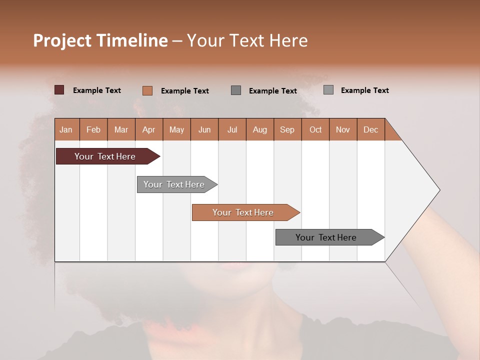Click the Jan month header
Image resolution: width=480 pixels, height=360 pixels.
66,129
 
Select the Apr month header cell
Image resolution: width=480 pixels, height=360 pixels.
149,129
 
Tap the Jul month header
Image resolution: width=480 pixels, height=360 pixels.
232,129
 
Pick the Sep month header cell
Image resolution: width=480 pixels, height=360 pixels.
287,129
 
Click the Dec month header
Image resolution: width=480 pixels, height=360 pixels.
370,129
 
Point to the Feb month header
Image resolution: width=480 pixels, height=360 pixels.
93,129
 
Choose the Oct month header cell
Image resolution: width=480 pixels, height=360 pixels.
315,129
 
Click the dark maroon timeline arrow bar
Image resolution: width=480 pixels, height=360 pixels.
105,156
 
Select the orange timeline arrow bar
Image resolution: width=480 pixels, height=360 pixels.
243,212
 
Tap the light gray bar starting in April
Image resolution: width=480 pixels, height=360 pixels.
174,184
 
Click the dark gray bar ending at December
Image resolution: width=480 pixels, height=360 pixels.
326,237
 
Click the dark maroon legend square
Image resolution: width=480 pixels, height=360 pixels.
59,90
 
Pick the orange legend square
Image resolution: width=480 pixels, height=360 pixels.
147,90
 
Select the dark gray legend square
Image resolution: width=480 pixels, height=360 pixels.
236,90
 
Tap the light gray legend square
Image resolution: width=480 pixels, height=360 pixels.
328,90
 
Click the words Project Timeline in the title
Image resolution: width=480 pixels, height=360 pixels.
100,40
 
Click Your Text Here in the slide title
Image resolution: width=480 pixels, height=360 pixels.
247,40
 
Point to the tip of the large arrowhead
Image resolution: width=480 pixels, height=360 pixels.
439,190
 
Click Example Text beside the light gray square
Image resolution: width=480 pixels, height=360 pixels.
364,90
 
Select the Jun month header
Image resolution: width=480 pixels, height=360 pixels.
204,129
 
